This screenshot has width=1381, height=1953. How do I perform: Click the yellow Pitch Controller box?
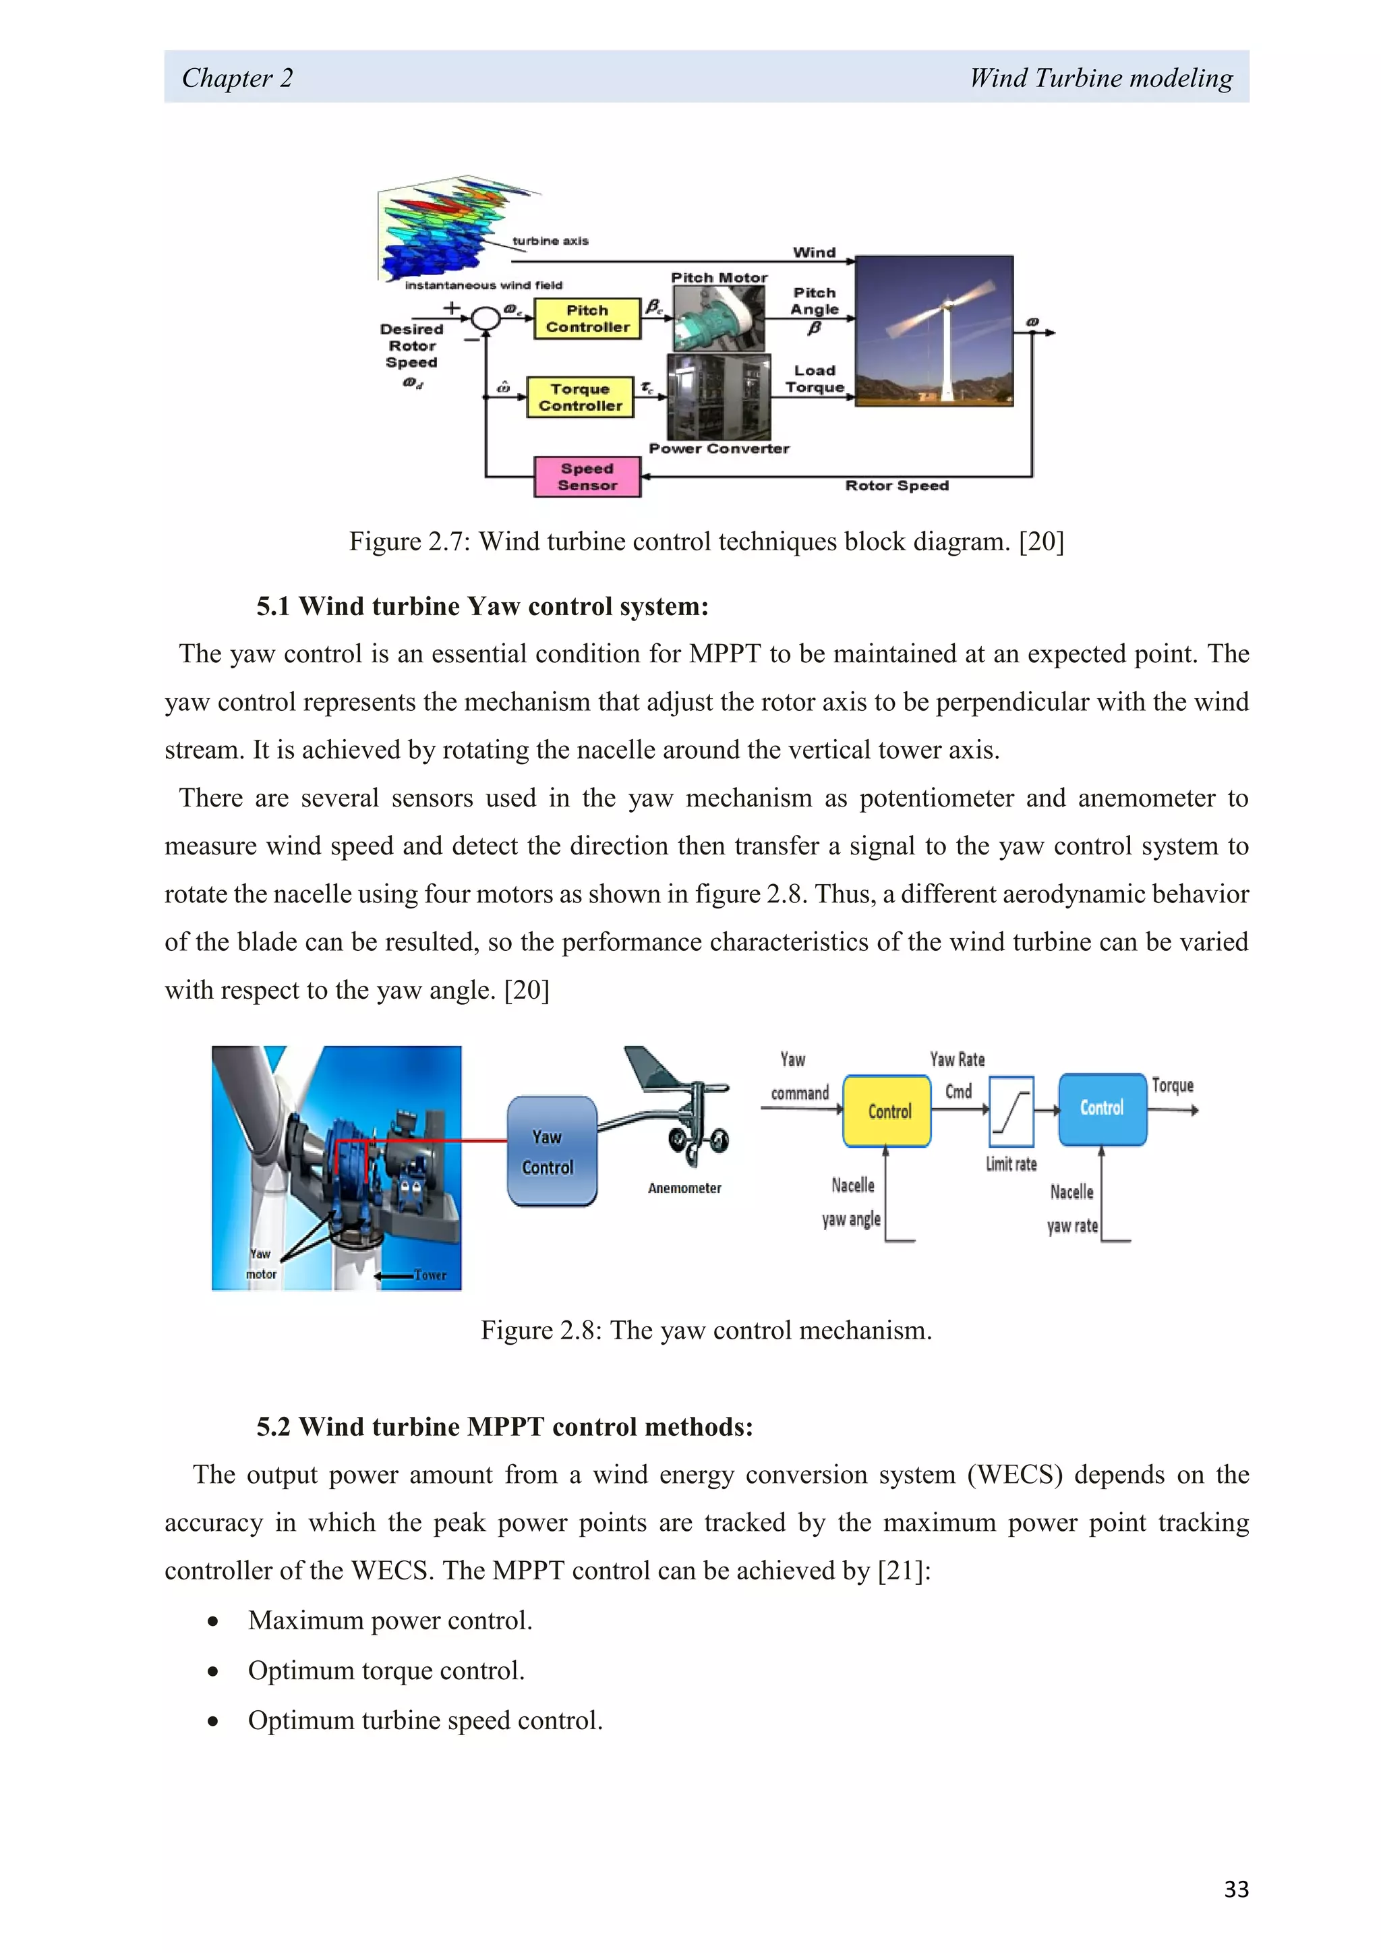point(587,319)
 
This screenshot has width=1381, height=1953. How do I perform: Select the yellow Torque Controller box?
point(580,397)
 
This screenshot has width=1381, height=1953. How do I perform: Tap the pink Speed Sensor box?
point(587,476)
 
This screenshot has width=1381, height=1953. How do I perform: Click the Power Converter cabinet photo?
point(719,397)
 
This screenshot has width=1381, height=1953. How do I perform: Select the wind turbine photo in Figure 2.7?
point(934,331)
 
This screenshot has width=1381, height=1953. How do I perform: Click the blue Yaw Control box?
point(551,1151)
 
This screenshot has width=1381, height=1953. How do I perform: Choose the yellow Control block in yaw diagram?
point(887,1111)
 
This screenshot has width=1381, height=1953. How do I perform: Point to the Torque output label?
point(1173,1085)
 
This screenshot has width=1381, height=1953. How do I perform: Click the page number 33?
point(1235,1889)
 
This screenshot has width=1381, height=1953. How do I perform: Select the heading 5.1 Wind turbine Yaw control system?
point(482,606)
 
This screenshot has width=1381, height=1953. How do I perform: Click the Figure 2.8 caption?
point(706,1331)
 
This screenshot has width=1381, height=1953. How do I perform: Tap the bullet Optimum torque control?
point(386,1670)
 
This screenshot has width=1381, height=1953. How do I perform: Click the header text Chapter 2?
point(237,78)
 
